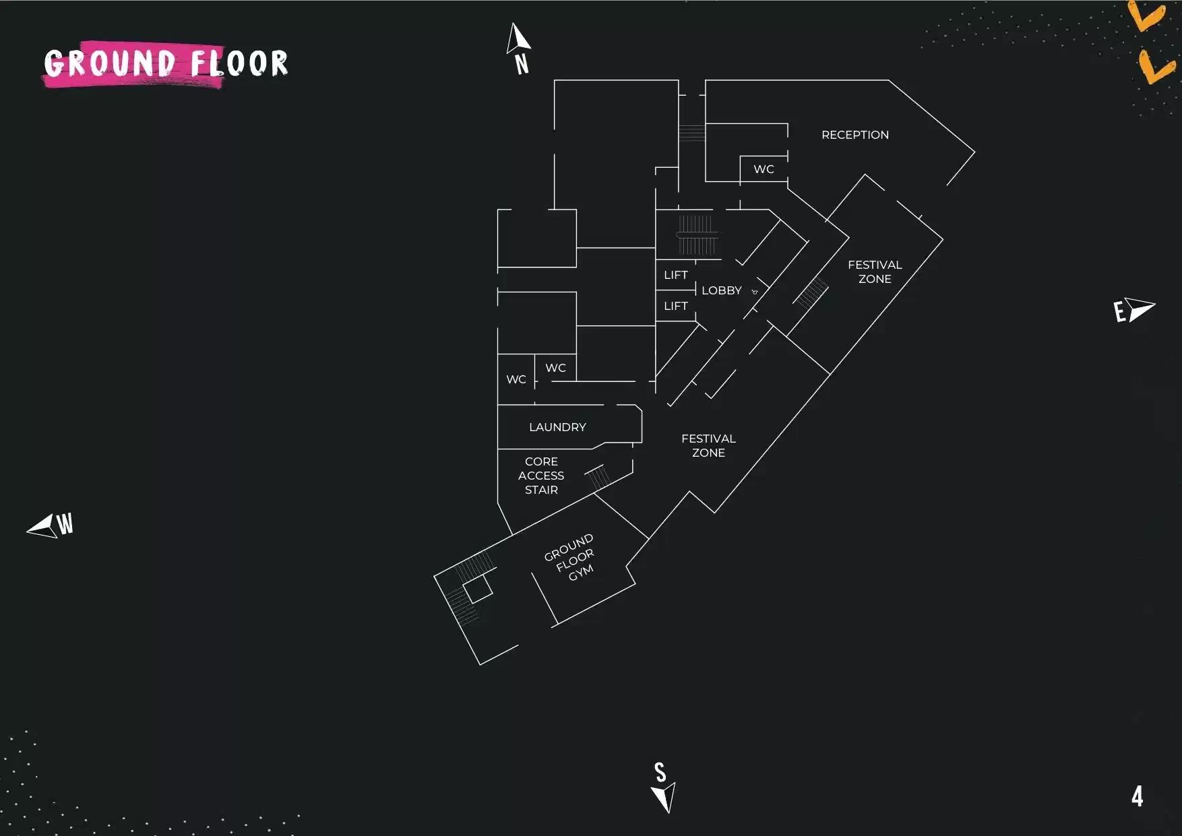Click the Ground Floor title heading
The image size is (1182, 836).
click(x=166, y=63)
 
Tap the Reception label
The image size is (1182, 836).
click(x=854, y=135)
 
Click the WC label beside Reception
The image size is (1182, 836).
click(x=764, y=169)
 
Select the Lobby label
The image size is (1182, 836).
click(x=721, y=290)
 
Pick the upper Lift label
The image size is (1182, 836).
click(x=675, y=275)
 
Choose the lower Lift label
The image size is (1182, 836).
click(x=675, y=306)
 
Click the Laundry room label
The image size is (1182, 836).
click(x=557, y=427)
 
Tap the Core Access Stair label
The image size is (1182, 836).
click(x=541, y=476)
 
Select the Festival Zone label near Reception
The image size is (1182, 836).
click(x=875, y=272)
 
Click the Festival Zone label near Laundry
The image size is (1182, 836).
click(x=708, y=445)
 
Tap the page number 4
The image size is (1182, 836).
click(x=1138, y=797)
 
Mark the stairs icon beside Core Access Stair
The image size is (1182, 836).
click(x=598, y=477)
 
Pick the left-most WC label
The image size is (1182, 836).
click(x=516, y=380)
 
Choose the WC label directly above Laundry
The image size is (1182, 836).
click(x=555, y=368)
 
